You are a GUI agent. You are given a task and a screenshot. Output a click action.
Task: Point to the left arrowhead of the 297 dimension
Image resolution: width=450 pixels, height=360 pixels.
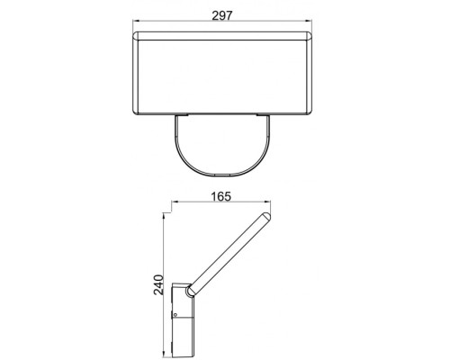(x=134, y=22)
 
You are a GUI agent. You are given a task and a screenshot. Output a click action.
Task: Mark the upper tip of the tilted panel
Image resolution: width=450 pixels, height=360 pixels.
(x=266, y=219)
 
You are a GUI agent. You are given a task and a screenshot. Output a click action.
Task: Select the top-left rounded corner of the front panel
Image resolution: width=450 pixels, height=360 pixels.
(x=136, y=35)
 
